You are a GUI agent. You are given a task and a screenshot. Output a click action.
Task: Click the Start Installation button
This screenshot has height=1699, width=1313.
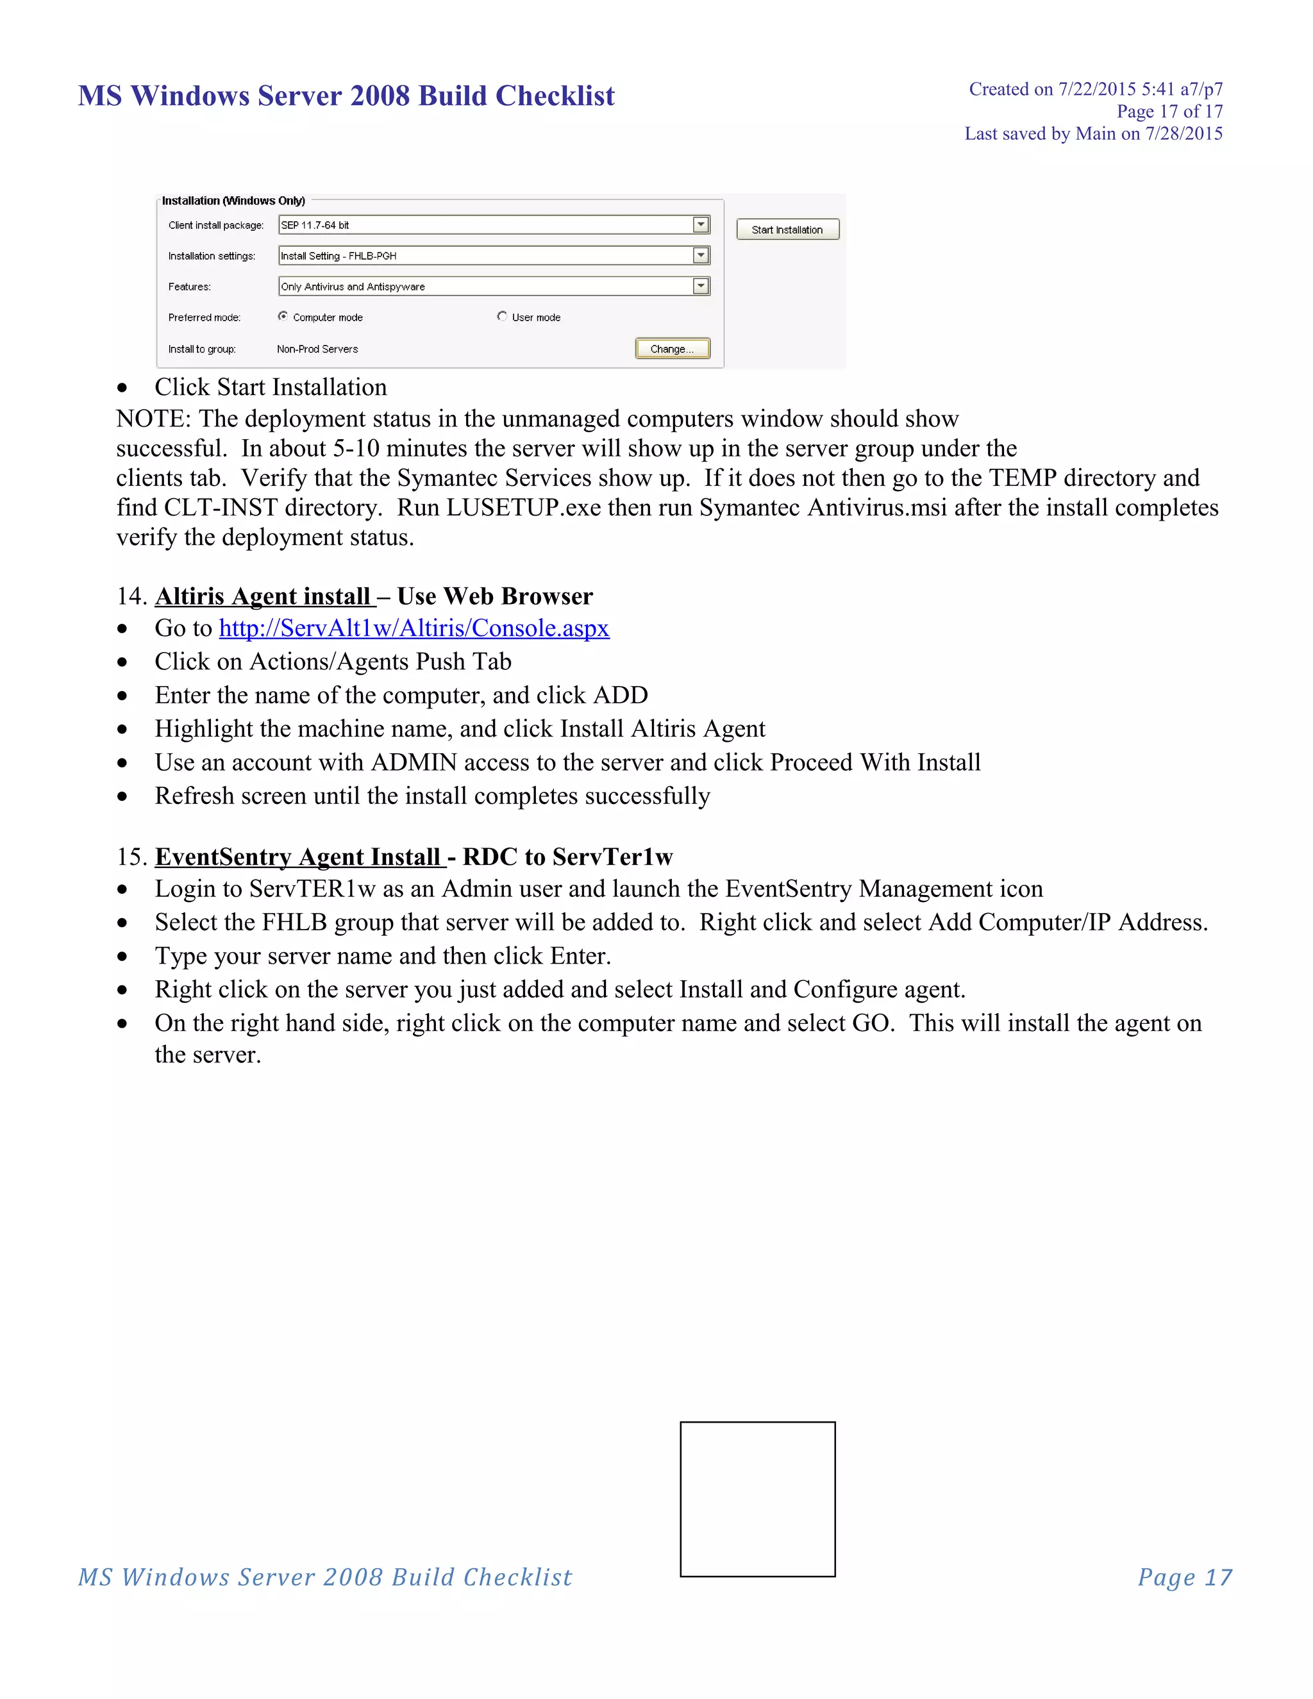click(787, 230)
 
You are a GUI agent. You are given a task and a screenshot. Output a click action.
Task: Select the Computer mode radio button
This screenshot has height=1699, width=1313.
click(283, 317)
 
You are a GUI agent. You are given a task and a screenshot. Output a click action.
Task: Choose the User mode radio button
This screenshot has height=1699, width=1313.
click(502, 317)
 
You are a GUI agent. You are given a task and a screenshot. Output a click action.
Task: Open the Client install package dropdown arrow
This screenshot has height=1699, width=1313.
click(701, 225)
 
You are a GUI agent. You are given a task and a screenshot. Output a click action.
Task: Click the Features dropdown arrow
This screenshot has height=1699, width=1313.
click(701, 287)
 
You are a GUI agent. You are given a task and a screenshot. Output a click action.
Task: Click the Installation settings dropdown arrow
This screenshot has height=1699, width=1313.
click(701, 255)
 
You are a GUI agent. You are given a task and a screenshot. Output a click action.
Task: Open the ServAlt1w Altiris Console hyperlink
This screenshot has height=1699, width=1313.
click(414, 628)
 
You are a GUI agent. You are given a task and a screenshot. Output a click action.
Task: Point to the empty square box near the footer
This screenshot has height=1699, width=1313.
click(758, 1499)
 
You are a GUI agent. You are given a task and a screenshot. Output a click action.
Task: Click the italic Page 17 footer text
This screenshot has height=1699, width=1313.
click(1185, 1577)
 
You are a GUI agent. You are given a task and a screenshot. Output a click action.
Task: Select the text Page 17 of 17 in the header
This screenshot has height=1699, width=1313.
click(1169, 112)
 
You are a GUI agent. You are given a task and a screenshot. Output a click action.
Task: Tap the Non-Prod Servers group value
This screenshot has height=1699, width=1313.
click(317, 349)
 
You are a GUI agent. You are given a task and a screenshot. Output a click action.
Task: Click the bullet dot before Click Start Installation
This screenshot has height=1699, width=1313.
click(122, 387)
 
